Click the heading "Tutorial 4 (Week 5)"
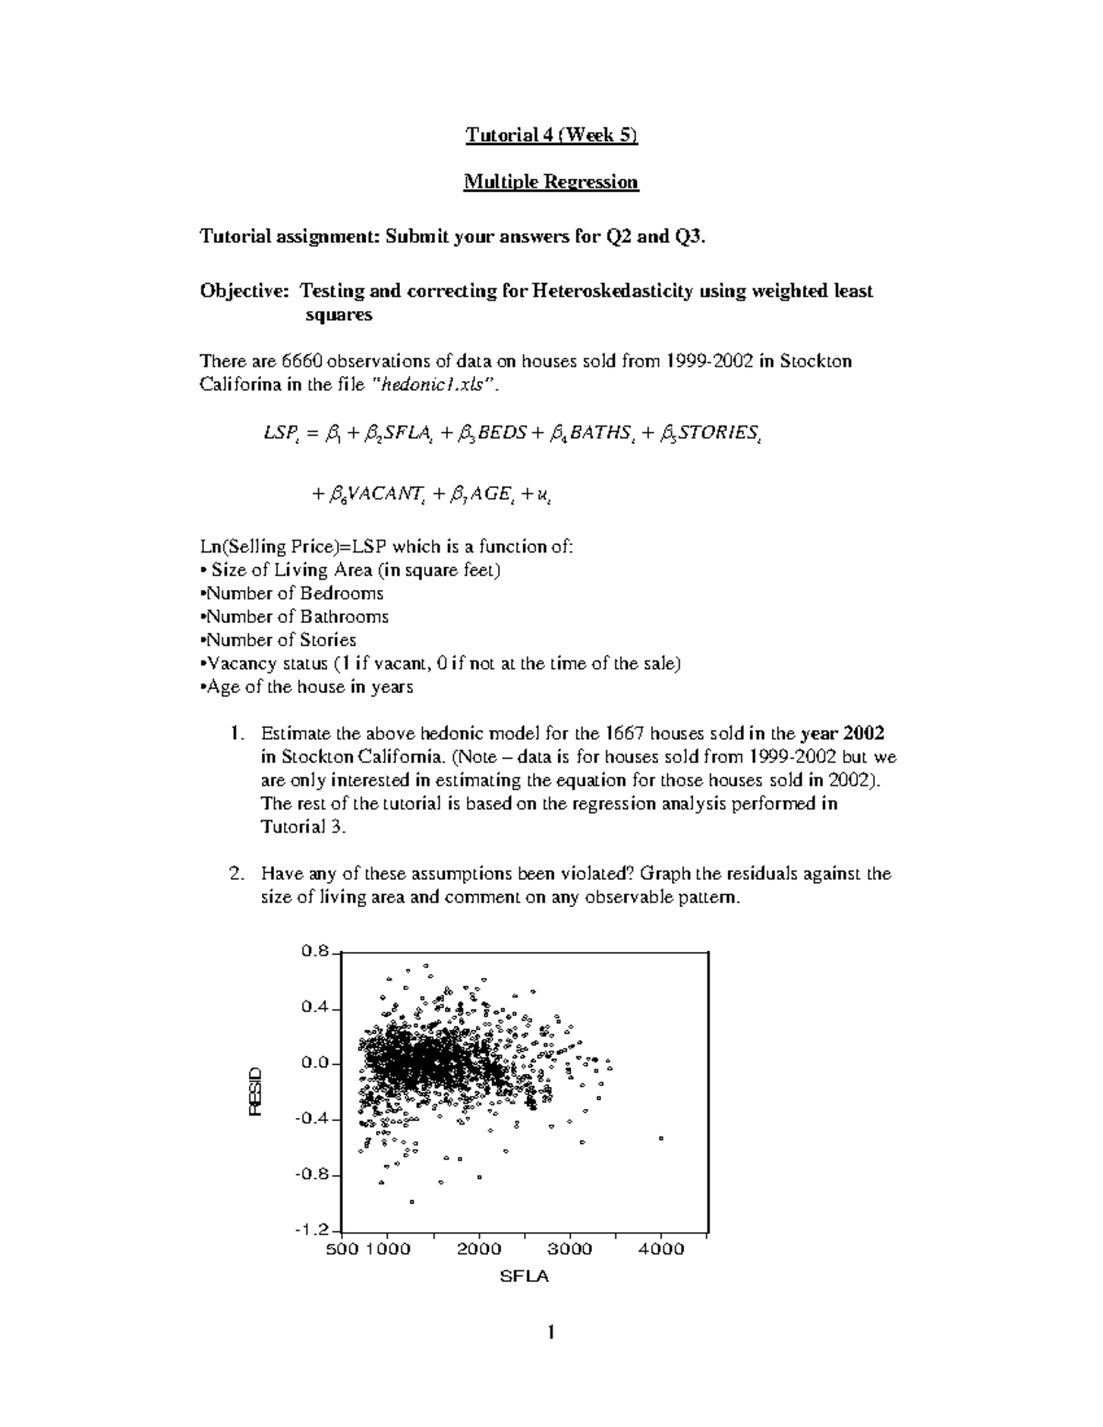tap(551, 135)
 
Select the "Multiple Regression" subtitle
tap(551, 182)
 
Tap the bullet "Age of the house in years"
tap(307, 687)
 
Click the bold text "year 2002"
tap(842, 733)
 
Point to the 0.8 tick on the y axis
tap(314, 952)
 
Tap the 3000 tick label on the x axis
tap(570, 1249)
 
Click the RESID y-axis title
tap(256, 1092)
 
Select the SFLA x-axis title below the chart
tap(523, 1276)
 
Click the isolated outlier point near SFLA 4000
tap(661, 1138)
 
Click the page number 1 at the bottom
tap(550, 1332)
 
